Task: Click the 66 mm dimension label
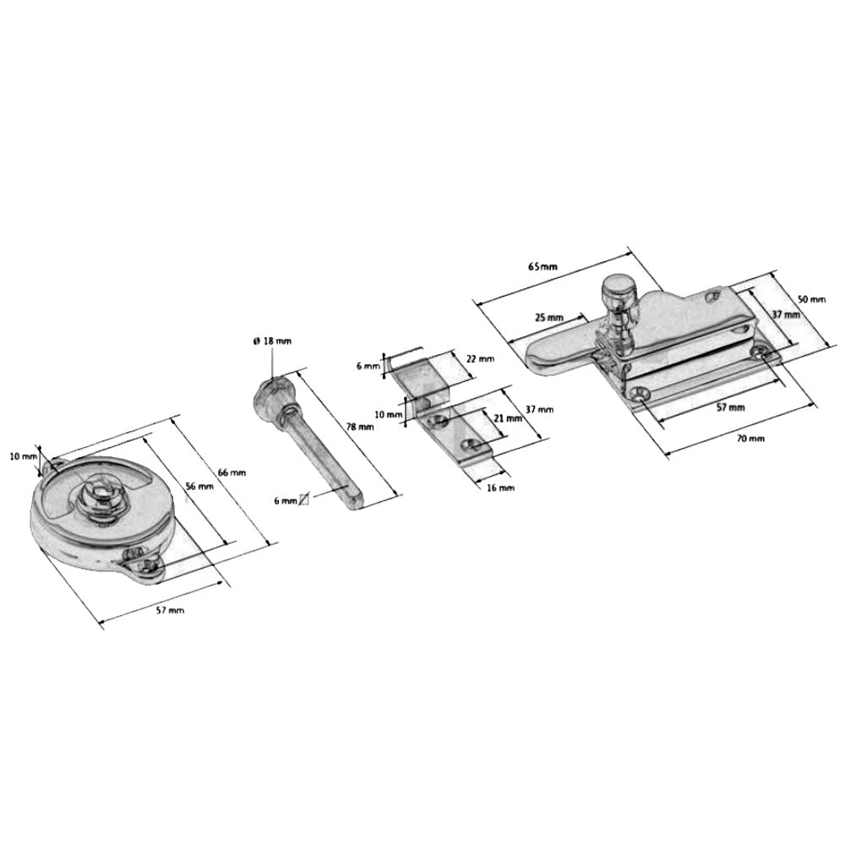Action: pyautogui.click(x=232, y=472)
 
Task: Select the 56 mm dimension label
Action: pyautogui.click(x=199, y=487)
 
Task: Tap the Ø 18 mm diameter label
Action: pyautogui.click(x=271, y=341)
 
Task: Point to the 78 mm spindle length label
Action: pyautogui.click(x=359, y=428)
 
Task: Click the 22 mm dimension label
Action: pyautogui.click(x=480, y=359)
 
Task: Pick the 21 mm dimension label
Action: pyautogui.click(x=508, y=418)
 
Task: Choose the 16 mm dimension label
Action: pyautogui.click(x=500, y=488)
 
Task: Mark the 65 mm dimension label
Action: pyautogui.click(x=543, y=267)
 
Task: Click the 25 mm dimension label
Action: pyautogui.click(x=548, y=318)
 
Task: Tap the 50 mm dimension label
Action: pyautogui.click(x=811, y=299)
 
